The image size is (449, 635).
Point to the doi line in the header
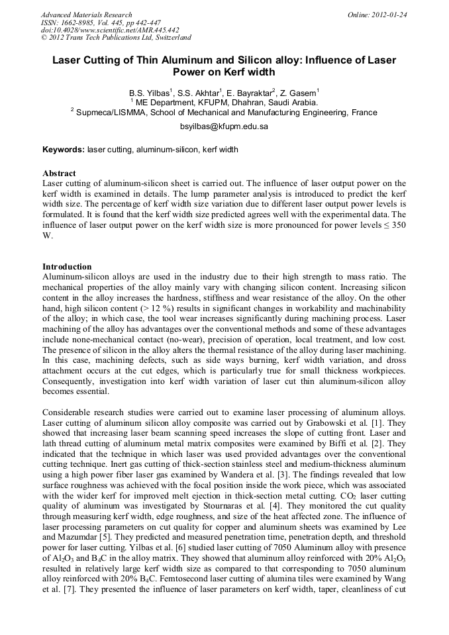(x=110, y=30)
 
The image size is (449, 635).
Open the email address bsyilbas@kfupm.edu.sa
(x=224, y=126)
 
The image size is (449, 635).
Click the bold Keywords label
(x=64, y=150)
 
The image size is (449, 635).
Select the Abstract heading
(x=59, y=173)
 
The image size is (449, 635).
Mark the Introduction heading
(x=67, y=267)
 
